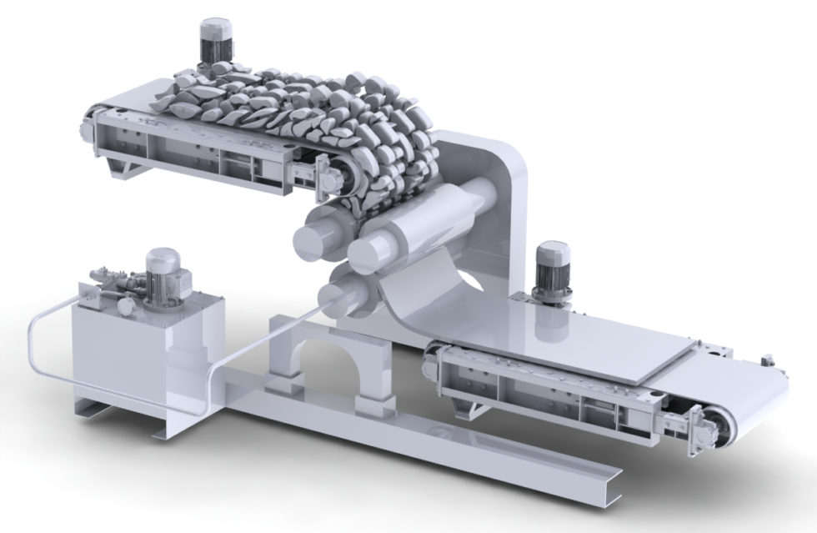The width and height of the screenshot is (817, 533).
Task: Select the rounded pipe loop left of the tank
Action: (38, 350)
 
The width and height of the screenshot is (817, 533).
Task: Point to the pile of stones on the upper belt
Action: (292, 108)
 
